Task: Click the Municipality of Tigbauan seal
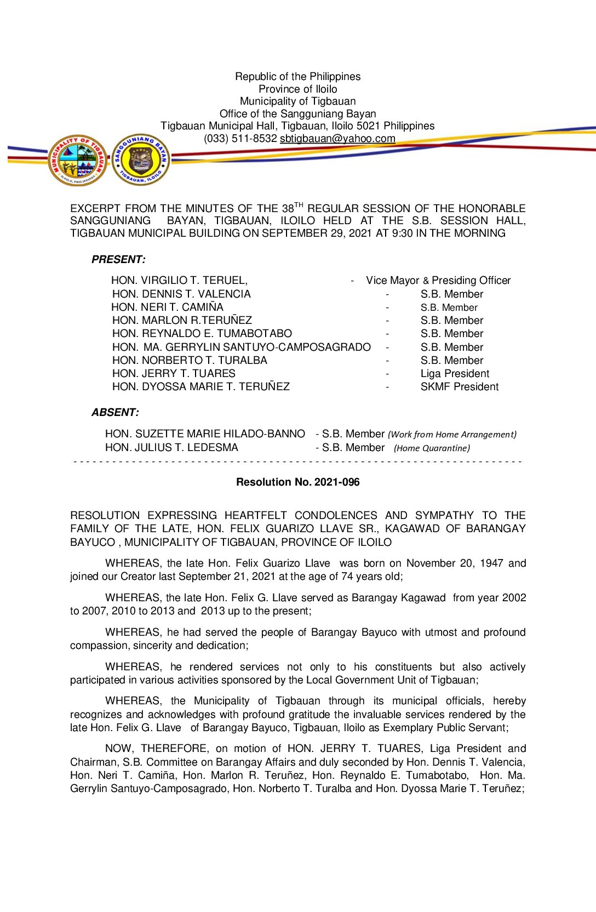(77, 161)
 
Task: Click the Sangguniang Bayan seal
(141, 159)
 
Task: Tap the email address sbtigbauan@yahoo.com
(337, 139)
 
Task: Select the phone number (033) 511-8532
(240, 139)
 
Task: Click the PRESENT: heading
(118, 260)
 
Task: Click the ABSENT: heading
(115, 413)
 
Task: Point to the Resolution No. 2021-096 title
(297, 482)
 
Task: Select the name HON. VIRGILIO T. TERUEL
(179, 281)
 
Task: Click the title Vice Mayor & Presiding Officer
(438, 281)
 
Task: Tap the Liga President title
(455, 374)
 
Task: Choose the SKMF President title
(459, 387)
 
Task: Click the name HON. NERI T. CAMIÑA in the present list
(167, 307)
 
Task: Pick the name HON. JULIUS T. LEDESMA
(171, 448)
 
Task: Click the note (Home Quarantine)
(432, 448)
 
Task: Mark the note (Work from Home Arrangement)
(452, 435)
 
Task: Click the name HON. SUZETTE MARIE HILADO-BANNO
(205, 434)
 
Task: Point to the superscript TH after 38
(299, 205)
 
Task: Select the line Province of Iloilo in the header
(297, 89)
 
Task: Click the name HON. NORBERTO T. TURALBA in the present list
(190, 361)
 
